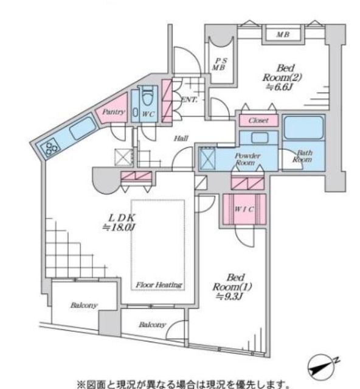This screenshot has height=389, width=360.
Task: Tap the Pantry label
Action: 114,112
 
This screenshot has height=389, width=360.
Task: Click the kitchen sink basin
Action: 83,129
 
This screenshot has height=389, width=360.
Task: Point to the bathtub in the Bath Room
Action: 303,128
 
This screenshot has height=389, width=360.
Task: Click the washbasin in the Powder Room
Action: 260,137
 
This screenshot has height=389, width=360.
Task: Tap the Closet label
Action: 258,121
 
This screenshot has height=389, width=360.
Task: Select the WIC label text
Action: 244,209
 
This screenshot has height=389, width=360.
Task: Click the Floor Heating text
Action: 159,285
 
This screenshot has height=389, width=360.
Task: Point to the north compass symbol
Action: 322,366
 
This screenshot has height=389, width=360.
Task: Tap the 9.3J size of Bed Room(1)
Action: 229,296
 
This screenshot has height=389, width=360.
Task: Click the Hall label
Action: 181,138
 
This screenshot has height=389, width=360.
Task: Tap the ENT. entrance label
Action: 190,100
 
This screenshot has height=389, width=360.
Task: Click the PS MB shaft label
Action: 220,64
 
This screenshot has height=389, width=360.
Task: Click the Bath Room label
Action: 303,156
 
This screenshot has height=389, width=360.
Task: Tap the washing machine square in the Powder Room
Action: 207,158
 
